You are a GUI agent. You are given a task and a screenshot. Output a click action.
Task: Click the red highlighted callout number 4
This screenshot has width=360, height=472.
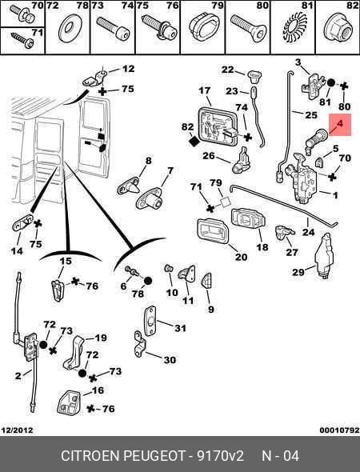tap(339, 124)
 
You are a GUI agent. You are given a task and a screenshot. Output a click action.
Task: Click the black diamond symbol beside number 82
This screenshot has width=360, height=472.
tap(194, 141)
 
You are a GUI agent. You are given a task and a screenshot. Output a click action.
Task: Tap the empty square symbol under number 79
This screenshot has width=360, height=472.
tap(226, 202)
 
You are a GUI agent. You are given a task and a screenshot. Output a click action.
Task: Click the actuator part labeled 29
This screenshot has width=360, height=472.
tap(324, 255)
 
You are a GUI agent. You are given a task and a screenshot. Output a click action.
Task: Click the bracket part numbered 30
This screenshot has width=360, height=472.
tap(140, 344)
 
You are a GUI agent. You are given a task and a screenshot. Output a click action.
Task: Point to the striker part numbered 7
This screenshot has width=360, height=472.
tap(150, 198)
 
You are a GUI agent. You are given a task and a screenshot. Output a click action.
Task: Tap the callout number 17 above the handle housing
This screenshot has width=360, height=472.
tap(204, 90)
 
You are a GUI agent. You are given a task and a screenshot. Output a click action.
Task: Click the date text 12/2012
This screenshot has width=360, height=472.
tap(17, 430)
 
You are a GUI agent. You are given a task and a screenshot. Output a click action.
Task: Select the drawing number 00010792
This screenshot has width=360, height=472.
tap(339, 430)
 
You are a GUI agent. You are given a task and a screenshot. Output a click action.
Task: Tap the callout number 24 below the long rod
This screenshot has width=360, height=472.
tap(308, 232)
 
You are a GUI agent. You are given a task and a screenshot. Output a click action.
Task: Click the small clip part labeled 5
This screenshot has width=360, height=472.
tap(319, 162)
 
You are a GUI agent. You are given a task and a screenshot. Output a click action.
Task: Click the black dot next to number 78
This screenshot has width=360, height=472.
tap(147, 281)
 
